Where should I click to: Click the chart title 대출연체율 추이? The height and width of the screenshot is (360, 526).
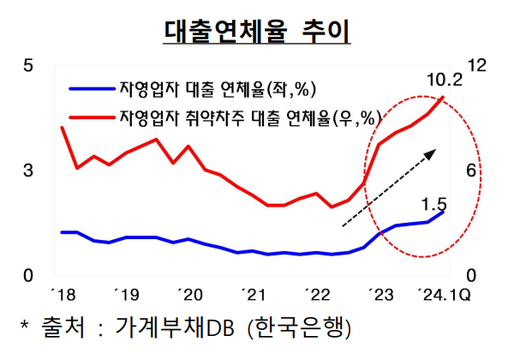point(257,29)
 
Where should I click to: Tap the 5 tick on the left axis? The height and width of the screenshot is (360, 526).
point(27,66)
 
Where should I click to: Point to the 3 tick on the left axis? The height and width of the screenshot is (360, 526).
point(27,171)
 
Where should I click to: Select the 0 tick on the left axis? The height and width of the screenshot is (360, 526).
point(27,276)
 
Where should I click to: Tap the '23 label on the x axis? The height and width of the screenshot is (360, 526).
point(380,297)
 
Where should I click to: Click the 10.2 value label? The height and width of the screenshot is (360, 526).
point(444,81)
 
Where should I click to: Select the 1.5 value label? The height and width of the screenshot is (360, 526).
point(435,204)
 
